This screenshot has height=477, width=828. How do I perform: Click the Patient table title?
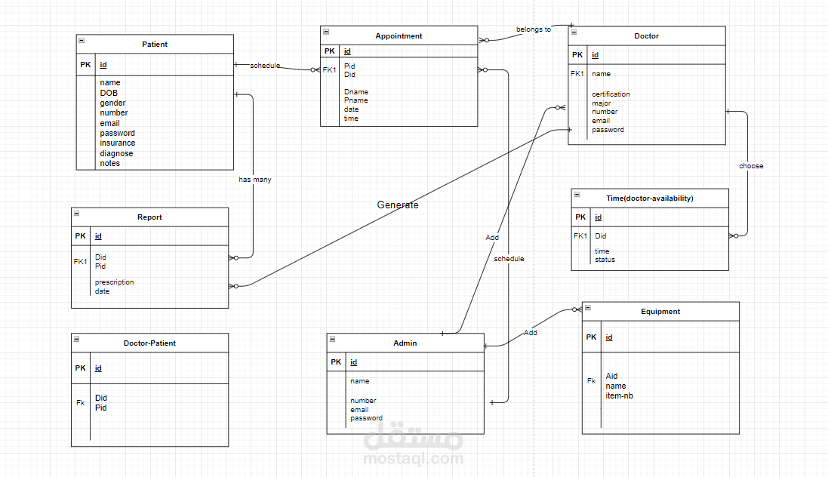click(155, 45)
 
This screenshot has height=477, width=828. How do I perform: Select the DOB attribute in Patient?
click(109, 93)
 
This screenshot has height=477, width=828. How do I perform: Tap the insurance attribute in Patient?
click(118, 143)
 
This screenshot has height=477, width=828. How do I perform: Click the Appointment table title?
click(399, 36)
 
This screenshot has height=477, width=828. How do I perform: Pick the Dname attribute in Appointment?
click(356, 92)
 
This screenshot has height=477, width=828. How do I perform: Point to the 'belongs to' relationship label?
click(534, 29)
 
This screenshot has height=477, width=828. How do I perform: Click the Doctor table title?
click(646, 36)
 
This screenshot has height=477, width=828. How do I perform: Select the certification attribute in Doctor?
click(611, 94)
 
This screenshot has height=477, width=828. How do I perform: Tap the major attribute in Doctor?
click(602, 103)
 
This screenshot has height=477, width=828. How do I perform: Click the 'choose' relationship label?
click(751, 166)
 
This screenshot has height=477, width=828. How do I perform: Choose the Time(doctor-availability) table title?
click(650, 198)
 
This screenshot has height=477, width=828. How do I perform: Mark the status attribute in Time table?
click(605, 260)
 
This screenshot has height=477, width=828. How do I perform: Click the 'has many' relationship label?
click(255, 180)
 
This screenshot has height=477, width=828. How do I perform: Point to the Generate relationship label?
click(398, 205)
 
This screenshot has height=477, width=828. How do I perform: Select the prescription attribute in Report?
click(115, 282)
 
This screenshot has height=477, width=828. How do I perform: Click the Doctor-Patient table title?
click(149, 343)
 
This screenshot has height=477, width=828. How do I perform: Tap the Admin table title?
click(405, 343)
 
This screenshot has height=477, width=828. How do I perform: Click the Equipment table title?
click(660, 312)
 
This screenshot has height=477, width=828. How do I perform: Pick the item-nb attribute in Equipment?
click(619, 395)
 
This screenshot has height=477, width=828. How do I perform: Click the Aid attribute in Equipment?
click(611, 376)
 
